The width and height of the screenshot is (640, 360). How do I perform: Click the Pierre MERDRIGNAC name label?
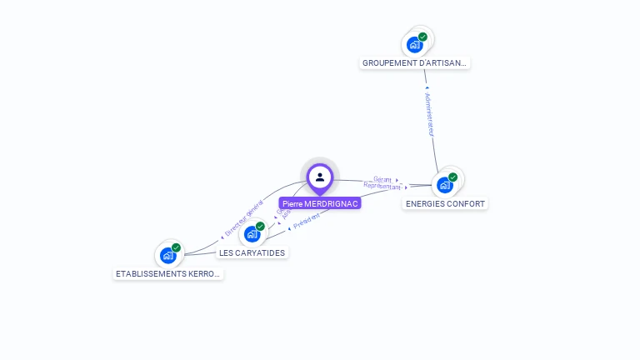pos(320,203)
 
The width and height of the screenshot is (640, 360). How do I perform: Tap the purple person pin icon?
pos(320,177)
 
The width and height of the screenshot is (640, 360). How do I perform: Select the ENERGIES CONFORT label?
pos(445,203)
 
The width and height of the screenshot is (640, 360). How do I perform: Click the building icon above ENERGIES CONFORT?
pos(445,184)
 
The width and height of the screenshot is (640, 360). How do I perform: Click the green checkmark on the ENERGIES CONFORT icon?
pos(453,177)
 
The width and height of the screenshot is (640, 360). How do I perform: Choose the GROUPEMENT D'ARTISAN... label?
pos(416,62)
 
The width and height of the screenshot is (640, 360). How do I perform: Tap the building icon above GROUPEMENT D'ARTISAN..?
pos(414,44)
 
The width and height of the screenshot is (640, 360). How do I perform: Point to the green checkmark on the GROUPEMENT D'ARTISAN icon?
pos(422,37)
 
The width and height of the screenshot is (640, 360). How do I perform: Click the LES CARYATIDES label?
pos(252,252)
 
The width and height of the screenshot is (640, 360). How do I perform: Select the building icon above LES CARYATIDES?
pos(252,234)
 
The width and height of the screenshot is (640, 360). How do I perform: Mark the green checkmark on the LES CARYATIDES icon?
pos(260,226)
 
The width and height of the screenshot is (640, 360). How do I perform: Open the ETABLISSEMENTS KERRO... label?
pos(168,273)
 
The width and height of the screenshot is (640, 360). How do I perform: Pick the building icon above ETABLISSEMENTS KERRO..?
pos(167,255)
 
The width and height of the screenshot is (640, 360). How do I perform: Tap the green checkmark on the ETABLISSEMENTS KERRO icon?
pos(176,247)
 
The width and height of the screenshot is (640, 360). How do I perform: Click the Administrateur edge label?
pos(429,114)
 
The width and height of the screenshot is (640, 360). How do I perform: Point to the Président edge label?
pos(307,220)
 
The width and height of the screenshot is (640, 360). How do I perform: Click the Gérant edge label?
pos(383,179)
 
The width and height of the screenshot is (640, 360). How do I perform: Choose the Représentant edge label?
pos(382,187)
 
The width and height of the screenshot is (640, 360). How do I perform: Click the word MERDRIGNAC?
pos(332,203)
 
